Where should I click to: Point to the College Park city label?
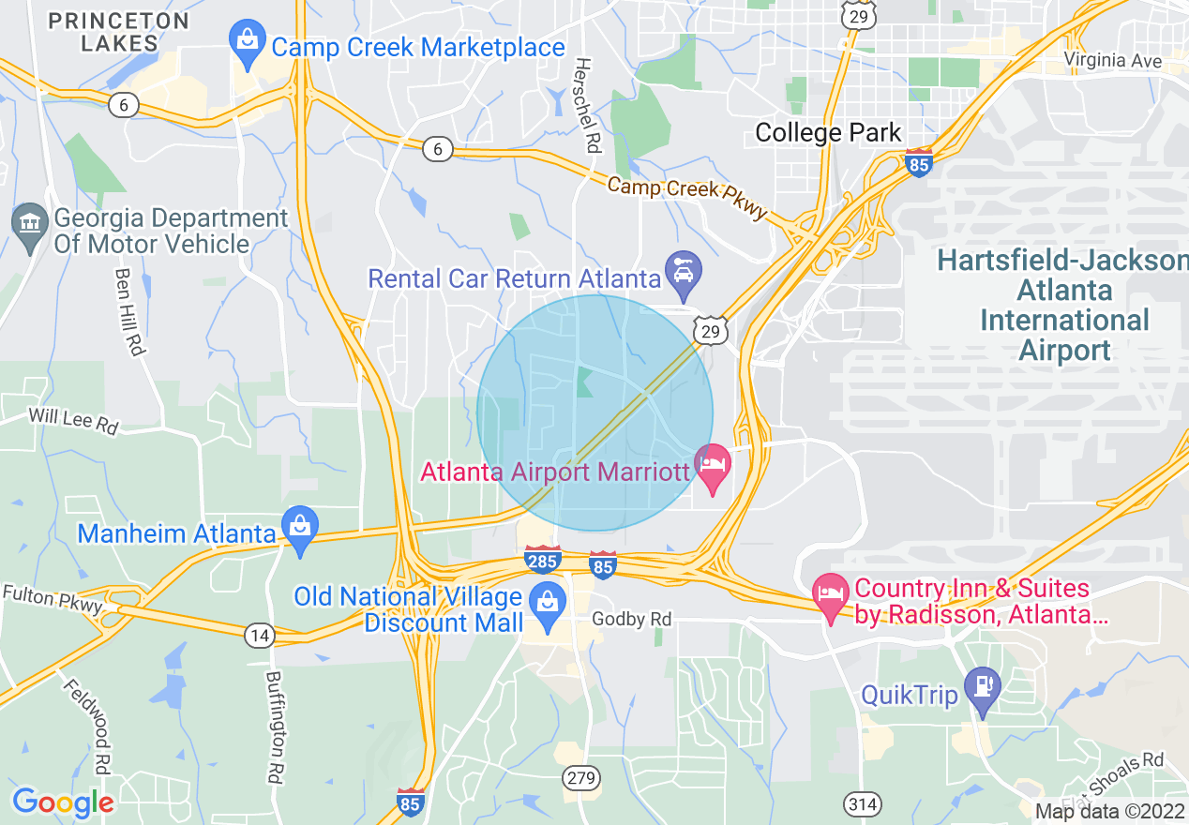[828, 133]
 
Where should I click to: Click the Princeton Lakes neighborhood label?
[118, 32]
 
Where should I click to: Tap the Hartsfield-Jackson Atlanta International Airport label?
[1064, 305]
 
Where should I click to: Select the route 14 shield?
[260, 637]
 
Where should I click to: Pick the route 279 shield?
[579, 777]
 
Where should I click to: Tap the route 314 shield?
[862, 803]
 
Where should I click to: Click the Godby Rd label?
[632, 620]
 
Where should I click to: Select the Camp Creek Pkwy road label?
[687, 198]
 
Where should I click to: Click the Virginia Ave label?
[1113, 61]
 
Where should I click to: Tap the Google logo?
[63, 802]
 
